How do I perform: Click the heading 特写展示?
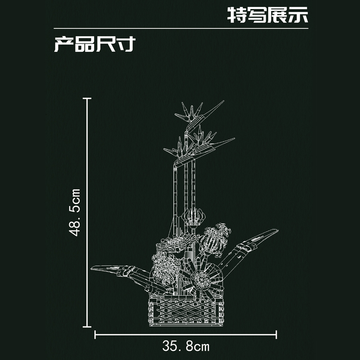268,15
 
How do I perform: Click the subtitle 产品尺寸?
94,44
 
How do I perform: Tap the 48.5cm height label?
75,212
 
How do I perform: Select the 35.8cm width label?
186,346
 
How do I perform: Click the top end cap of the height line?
87,98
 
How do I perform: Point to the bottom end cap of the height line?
87,327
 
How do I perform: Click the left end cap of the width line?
95,334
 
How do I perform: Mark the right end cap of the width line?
276,334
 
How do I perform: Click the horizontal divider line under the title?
181,28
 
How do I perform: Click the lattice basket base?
186,310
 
